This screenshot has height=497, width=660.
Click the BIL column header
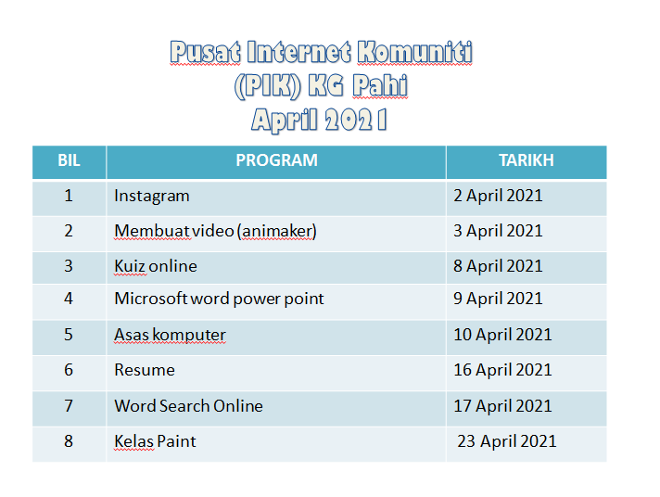click(69, 160)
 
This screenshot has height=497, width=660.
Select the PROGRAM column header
click(276, 160)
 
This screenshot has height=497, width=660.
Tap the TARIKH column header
click(527, 160)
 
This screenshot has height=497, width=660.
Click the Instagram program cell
click(152, 197)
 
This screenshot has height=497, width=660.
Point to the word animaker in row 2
click(278, 231)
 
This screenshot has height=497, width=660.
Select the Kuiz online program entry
click(156, 266)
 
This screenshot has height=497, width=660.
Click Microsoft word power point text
click(219, 299)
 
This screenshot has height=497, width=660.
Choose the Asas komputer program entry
click(170, 335)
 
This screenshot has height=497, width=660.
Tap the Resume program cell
click(145, 370)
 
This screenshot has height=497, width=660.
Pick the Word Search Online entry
click(188, 406)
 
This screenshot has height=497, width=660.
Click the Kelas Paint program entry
click(155, 441)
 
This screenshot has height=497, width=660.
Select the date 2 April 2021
click(498, 197)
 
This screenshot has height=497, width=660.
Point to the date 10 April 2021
click(502, 336)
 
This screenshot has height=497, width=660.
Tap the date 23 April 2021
click(507, 441)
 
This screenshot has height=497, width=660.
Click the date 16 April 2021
click(502, 370)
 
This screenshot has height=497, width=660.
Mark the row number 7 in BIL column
click(69, 406)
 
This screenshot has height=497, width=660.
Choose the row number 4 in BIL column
click(69, 299)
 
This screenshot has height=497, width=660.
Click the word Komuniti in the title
click(414, 52)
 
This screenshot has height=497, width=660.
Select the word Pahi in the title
click(380, 85)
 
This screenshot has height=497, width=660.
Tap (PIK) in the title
click(268, 86)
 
